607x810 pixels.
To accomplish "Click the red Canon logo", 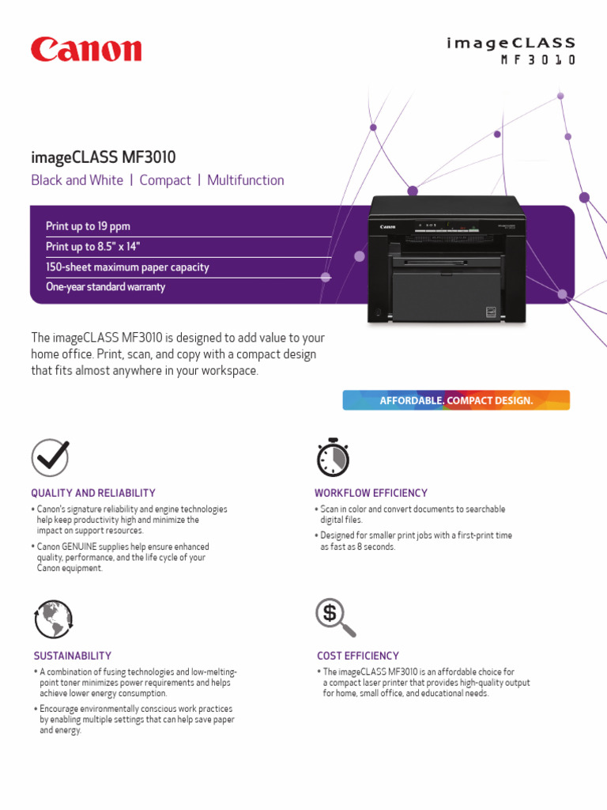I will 86,50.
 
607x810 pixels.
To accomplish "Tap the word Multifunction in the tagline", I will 245,180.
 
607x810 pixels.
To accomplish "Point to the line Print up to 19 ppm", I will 89,226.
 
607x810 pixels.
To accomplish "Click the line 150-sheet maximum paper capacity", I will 127,267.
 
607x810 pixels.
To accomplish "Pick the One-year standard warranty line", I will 105,287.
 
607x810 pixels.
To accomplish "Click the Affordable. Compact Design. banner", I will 456,400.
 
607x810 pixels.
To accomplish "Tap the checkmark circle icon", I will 50,458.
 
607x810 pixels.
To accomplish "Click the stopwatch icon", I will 333,457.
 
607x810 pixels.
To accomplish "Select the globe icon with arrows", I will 53,619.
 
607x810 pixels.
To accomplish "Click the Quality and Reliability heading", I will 93,493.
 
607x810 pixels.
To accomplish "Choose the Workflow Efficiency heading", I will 371,493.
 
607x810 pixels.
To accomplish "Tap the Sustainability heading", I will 73,656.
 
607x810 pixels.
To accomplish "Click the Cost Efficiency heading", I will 358,656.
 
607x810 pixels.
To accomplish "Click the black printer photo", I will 446,260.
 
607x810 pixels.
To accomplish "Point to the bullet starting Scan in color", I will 413,514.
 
